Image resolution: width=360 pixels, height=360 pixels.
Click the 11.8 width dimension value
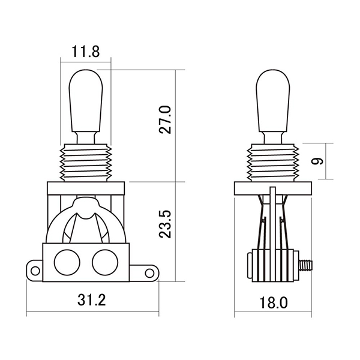coord(85,52)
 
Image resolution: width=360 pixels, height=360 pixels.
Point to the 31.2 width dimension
coord(92,300)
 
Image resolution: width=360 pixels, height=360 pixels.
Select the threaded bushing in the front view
coord(85,162)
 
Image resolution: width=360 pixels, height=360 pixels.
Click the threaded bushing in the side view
coord(274,162)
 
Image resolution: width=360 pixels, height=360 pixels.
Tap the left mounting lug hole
coord(35,272)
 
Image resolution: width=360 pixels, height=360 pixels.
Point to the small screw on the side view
coord(306,263)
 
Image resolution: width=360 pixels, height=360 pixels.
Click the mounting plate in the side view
coord(274,188)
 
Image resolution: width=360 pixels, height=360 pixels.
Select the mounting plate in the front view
coord(85,188)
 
